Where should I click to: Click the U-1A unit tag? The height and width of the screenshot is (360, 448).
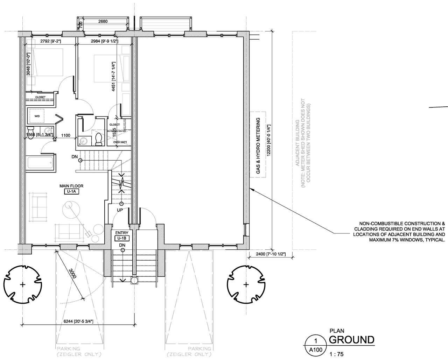(x=72, y=192)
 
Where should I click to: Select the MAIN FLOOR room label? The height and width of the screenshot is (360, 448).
(x=72, y=186)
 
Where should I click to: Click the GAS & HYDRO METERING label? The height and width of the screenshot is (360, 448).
(x=258, y=146)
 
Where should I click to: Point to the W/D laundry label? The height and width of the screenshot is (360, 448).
(x=37, y=116)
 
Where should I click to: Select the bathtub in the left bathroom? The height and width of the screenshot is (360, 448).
(x=40, y=163)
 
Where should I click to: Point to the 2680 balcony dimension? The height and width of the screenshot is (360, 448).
(x=103, y=21)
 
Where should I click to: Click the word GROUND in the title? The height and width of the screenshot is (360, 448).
(x=351, y=340)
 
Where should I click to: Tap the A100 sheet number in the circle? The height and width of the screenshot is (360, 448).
(x=316, y=349)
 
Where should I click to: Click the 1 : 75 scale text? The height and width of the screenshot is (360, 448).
(x=337, y=354)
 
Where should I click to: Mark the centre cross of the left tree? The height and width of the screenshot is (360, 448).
(x=23, y=284)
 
